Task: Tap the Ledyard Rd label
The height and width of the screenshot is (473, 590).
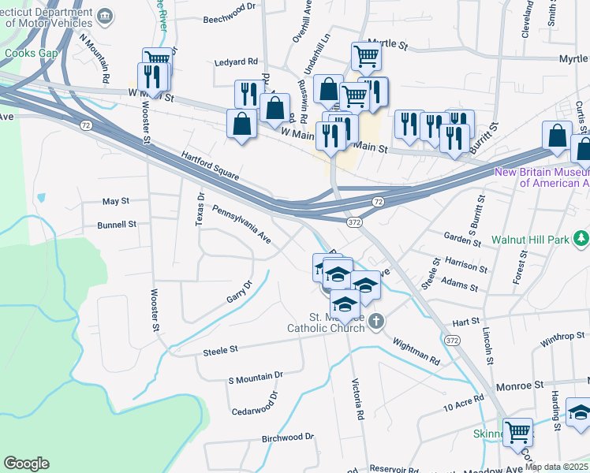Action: (x=237, y=61)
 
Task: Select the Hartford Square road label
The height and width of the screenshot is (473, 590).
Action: (x=211, y=166)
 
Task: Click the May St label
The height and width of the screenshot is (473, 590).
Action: (x=115, y=202)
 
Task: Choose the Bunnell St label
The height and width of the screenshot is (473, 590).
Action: (x=117, y=225)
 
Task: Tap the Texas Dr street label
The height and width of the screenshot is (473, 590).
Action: (x=200, y=208)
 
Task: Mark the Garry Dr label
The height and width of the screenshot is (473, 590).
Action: (x=238, y=292)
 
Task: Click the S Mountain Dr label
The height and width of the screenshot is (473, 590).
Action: (x=255, y=378)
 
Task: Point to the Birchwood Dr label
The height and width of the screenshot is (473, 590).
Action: (x=287, y=437)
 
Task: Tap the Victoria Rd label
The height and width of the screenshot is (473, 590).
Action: (x=360, y=403)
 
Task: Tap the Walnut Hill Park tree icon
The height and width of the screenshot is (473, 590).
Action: (x=581, y=237)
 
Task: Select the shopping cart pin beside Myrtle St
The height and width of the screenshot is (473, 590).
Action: (x=366, y=56)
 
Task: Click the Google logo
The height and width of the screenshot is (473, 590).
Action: (x=26, y=464)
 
